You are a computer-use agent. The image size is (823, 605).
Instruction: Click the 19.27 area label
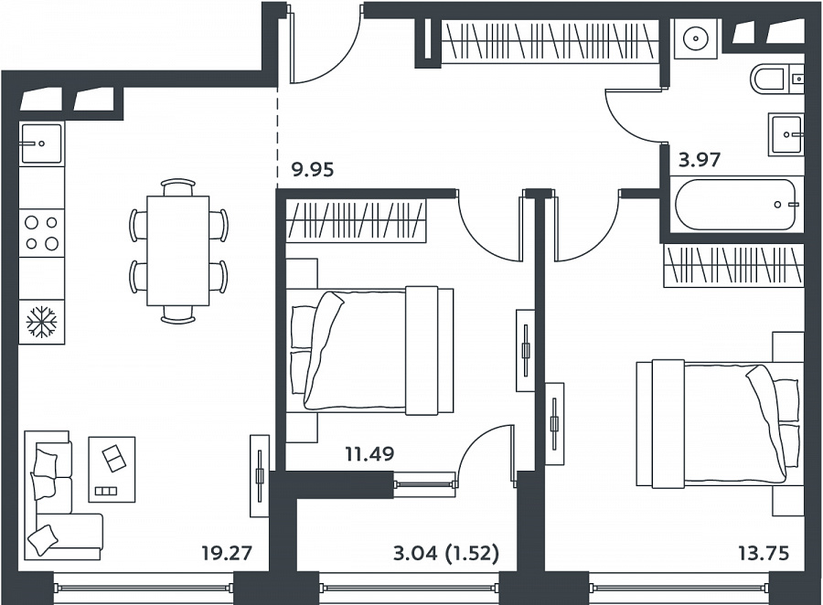tap(228, 553)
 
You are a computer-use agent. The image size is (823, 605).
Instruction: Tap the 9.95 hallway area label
tap(313, 170)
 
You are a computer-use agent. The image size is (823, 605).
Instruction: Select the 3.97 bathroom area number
tap(700, 159)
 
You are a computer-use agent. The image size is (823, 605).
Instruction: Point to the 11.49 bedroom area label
tap(369, 453)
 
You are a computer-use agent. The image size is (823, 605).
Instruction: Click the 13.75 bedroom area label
tap(764, 553)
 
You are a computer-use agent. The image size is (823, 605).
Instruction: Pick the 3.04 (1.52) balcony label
tap(445, 553)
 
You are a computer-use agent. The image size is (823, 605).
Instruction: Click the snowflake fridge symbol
tap(41, 322)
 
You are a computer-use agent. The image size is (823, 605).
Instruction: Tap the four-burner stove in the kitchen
tap(41, 233)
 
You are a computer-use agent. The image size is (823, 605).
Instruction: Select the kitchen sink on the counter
tap(41, 143)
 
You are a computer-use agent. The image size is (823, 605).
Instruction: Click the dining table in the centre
tap(178, 250)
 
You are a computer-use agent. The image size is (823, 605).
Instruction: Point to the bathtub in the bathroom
tap(736, 205)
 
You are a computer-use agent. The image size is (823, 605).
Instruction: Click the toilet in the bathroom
tap(771, 80)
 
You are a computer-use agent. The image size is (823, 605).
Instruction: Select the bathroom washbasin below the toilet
tap(786, 134)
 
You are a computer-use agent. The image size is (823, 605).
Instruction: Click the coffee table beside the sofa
tap(112, 470)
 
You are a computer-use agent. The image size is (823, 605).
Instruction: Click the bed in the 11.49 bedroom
tap(371, 351)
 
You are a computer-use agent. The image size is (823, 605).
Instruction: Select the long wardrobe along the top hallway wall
tap(549, 41)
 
